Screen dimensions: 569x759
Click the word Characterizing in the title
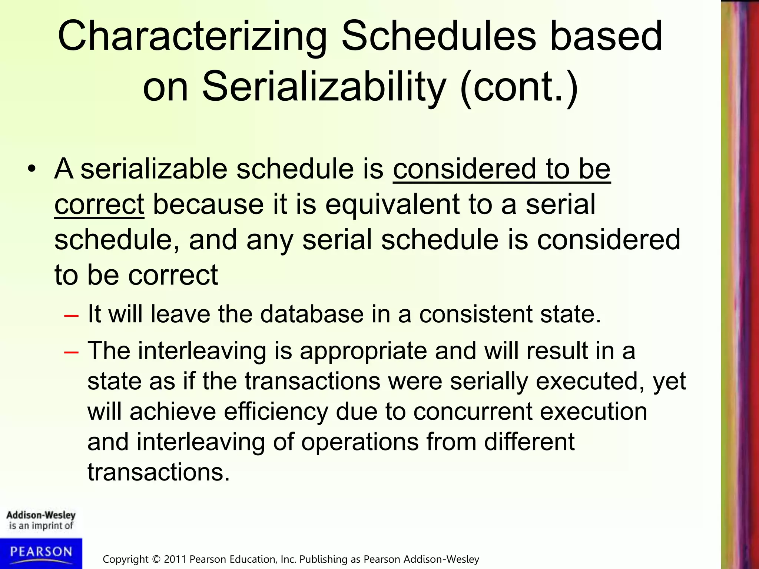click(x=192, y=37)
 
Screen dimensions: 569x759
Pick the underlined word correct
click(x=99, y=204)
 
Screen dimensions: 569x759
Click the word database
click(x=312, y=314)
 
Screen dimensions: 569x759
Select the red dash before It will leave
click(x=71, y=316)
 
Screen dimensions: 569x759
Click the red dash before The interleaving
click(x=71, y=352)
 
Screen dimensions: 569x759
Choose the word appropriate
click(x=363, y=351)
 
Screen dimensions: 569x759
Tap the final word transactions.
click(x=158, y=473)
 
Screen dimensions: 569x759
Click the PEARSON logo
click(x=41, y=552)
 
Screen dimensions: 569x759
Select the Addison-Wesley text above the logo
click(x=41, y=515)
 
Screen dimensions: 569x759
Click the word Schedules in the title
click(x=438, y=37)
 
